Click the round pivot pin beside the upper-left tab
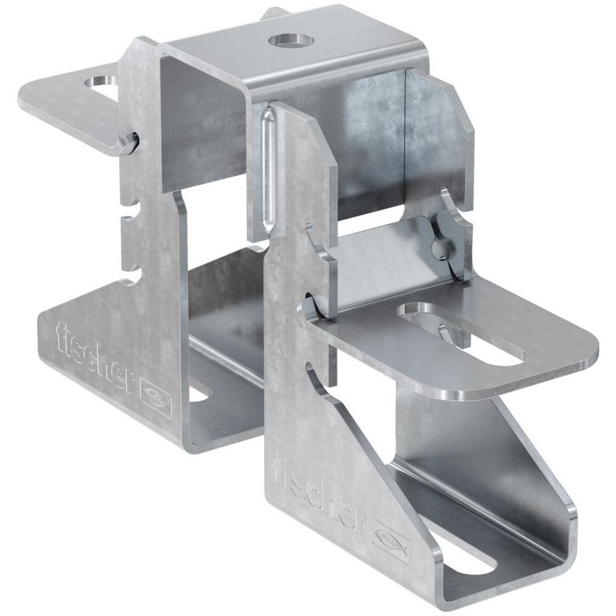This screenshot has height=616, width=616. click(x=128, y=142)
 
